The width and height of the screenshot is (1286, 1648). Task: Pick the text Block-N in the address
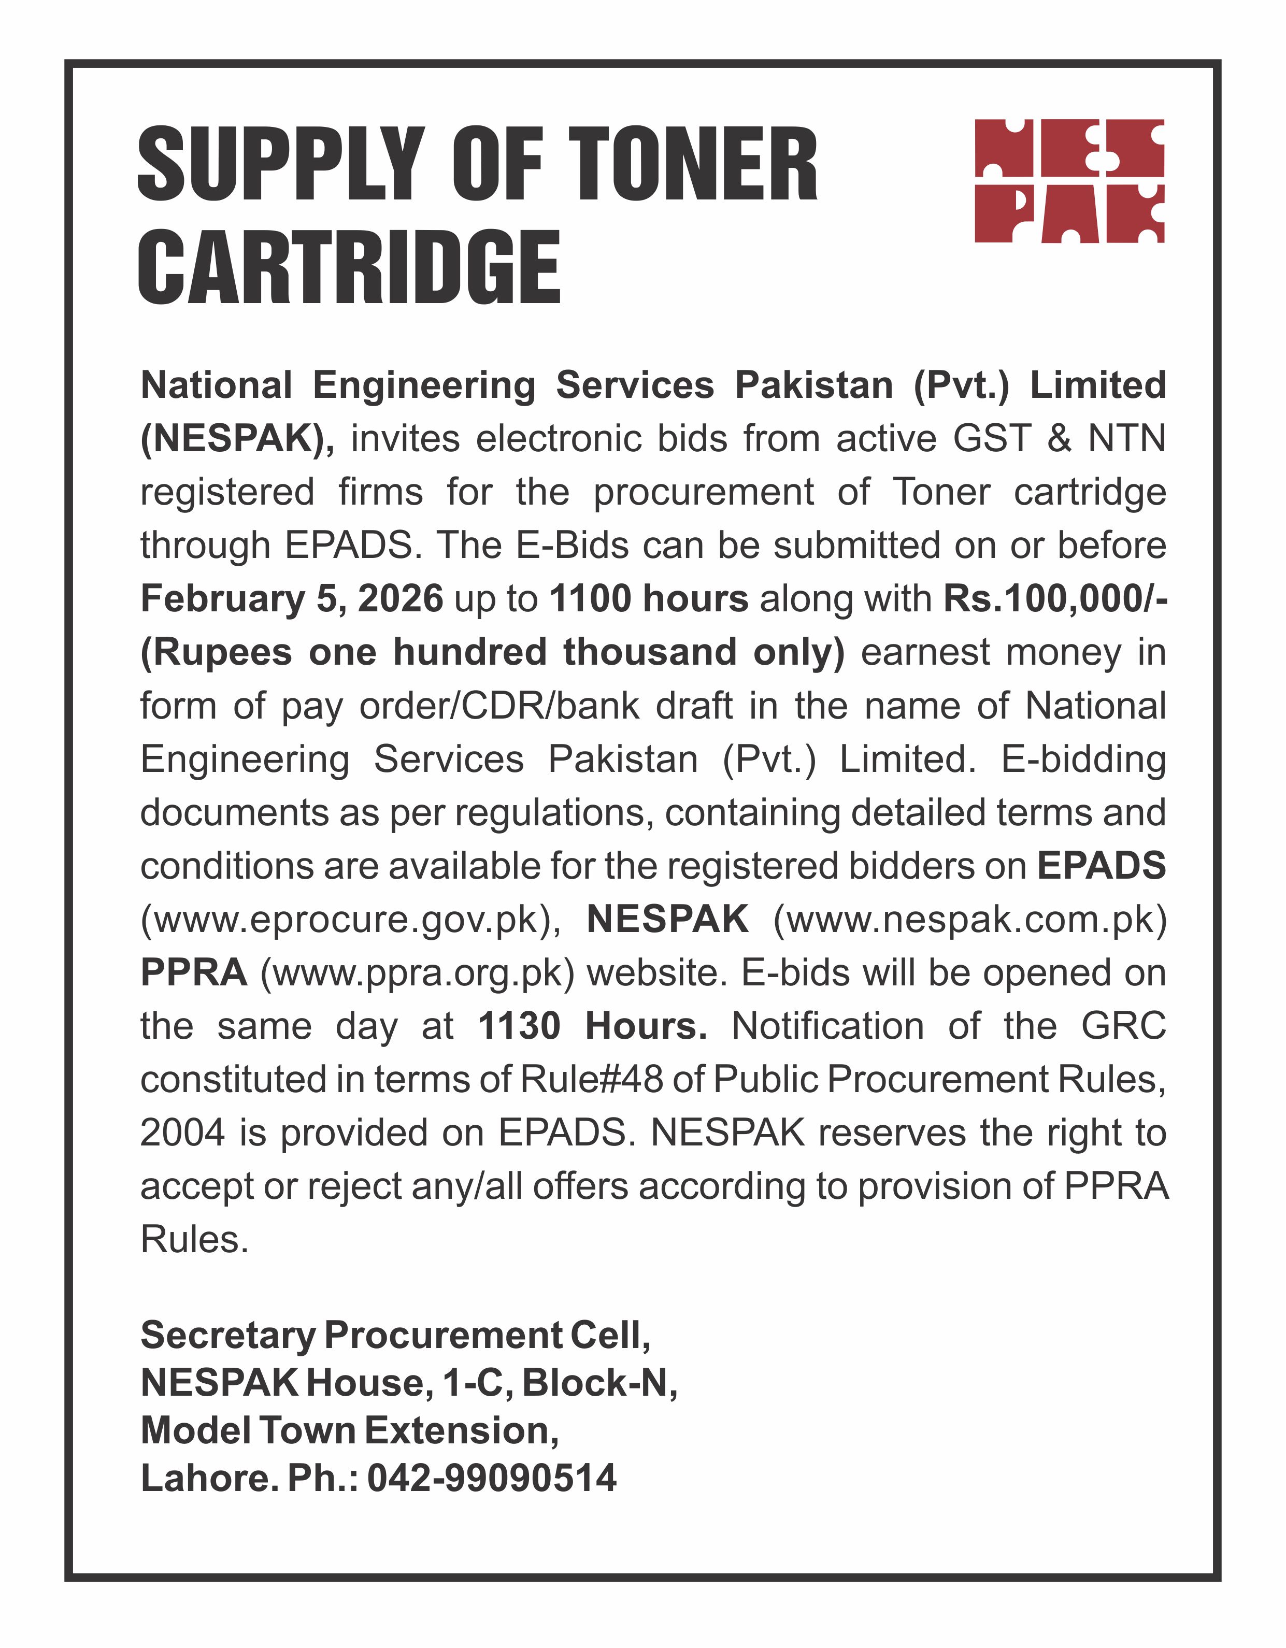pyautogui.click(x=598, y=1383)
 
